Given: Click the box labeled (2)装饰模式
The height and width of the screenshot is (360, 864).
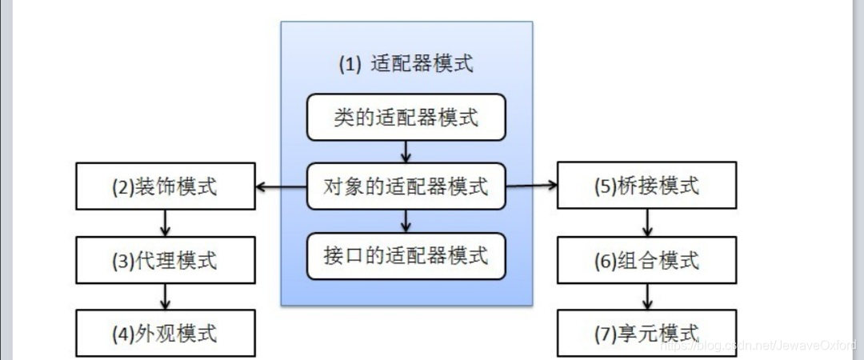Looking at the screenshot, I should click(165, 187).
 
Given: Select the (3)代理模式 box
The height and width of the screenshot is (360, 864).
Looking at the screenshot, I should click(165, 261).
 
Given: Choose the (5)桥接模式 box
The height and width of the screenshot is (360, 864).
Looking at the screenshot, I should click(647, 186).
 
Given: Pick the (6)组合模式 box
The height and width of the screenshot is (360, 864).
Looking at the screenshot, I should click(647, 260).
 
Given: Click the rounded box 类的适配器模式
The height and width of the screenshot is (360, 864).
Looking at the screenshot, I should click(406, 118).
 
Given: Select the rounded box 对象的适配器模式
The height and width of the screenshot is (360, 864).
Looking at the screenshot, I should click(406, 187).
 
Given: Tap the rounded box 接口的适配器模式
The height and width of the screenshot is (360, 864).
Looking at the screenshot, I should click(406, 256).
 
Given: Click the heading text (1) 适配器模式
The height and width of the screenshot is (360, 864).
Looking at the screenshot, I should click(406, 64).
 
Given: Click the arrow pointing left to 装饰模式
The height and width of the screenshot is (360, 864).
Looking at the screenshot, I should click(281, 188).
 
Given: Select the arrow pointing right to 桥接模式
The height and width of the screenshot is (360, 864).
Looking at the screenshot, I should click(532, 186).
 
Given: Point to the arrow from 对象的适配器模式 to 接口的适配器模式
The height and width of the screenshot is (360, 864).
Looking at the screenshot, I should click(406, 222).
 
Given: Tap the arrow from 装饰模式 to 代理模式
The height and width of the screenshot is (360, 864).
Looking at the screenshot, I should click(165, 223).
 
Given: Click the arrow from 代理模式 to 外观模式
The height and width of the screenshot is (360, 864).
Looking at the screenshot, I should click(165, 297).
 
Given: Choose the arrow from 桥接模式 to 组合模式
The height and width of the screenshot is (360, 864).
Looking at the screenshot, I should click(647, 223).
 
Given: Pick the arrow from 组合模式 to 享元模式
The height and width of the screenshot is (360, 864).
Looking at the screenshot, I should click(647, 297).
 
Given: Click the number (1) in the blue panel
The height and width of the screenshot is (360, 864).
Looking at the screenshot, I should click(350, 65).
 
